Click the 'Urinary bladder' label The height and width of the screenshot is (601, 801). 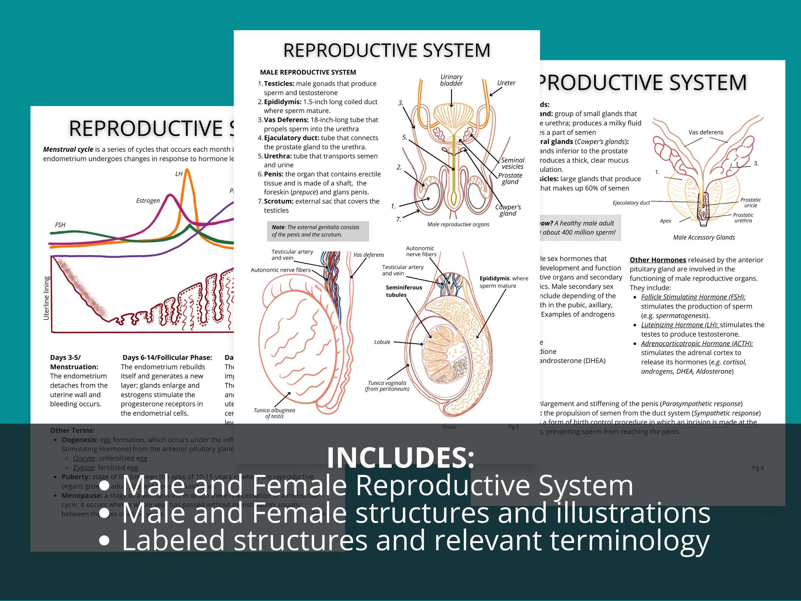[x=451, y=80]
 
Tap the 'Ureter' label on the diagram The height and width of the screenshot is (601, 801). [x=506, y=83]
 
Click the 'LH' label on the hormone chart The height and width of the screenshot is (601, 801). [x=179, y=174]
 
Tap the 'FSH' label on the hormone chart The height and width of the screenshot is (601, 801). [x=60, y=225]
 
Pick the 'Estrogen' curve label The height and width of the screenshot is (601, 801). [x=148, y=201]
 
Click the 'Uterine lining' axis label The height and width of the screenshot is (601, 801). [x=46, y=298]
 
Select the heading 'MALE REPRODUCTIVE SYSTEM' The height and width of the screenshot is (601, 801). [x=308, y=72]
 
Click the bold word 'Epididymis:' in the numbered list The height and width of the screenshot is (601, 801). [x=282, y=102]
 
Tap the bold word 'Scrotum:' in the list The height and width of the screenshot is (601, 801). [x=278, y=201]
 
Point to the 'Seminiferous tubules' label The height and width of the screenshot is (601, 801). [x=403, y=291]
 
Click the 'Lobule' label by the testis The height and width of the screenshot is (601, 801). [x=382, y=342]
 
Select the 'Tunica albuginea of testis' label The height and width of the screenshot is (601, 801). [x=274, y=413]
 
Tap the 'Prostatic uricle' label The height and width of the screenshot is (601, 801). [x=750, y=202]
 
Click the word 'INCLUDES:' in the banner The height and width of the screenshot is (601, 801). [x=400, y=458]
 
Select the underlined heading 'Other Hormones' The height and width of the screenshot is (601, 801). [x=658, y=260]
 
